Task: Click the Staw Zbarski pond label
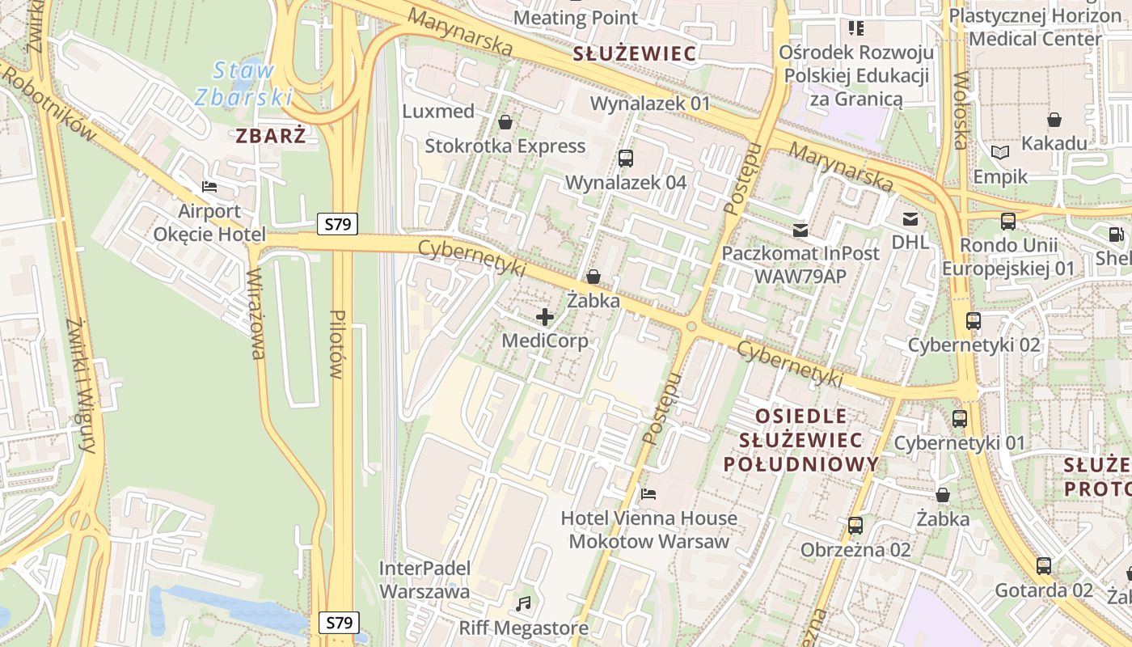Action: [x=243, y=83]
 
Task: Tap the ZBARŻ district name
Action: [x=271, y=136]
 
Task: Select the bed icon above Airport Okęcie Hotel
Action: [x=209, y=187]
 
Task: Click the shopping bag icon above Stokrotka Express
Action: [x=505, y=122]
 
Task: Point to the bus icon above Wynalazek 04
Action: [x=625, y=158]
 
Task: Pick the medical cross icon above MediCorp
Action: [x=545, y=316]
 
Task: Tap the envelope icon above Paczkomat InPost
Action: [x=800, y=230]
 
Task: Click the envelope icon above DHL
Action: [x=910, y=218]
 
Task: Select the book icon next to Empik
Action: [x=1000, y=152]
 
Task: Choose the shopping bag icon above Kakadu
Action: [x=1054, y=120]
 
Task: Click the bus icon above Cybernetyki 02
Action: [x=974, y=320]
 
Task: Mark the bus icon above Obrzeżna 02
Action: [x=855, y=526]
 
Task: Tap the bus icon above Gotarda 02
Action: [x=1044, y=565]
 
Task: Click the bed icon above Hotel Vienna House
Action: [x=648, y=493]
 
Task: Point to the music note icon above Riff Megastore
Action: [x=524, y=603]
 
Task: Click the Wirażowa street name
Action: [x=256, y=314]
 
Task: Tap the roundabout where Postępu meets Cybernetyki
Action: [x=691, y=327]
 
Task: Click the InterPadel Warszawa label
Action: [x=424, y=580]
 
